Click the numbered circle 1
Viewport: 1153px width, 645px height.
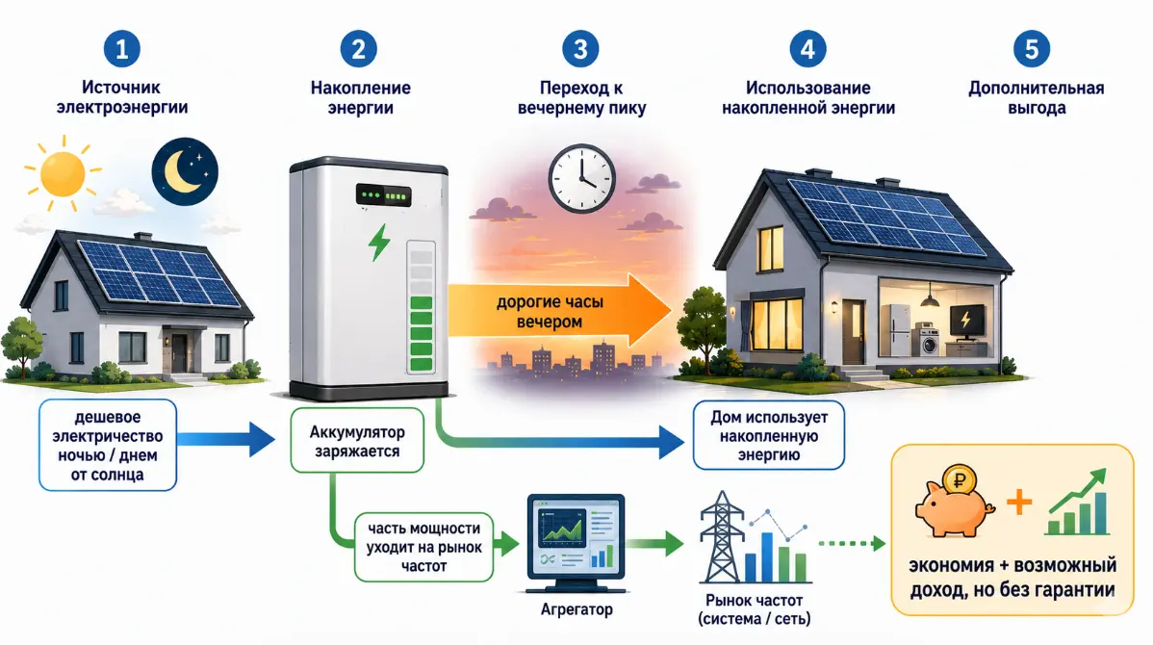click(x=122, y=48)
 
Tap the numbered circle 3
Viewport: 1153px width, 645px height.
click(x=580, y=48)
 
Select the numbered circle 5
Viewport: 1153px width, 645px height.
click(x=1031, y=48)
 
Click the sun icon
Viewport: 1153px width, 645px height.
click(x=63, y=173)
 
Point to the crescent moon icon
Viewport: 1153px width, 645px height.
click(x=185, y=171)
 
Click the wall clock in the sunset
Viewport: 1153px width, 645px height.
click(x=581, y=179)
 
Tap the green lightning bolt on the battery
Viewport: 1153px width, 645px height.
click(x=379, y=242)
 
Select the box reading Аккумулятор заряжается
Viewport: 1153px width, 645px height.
click(x=357, y=441)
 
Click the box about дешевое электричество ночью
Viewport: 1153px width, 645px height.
click(x=108, y=445)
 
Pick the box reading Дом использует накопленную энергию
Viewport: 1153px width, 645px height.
click(x=768, y=435)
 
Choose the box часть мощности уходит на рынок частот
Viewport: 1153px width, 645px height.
click(x=423, y=547)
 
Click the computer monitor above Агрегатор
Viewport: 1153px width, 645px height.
click(x=576, y=544)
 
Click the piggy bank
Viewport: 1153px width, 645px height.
click(x=954, y=502)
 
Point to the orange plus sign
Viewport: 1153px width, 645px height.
click(x=1019, y=503)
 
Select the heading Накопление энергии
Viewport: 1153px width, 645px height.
click(x=360, y=98)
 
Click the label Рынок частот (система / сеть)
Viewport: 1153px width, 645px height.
click(x=754, y=609)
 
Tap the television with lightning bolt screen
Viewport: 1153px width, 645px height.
click(x=966, y=322)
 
